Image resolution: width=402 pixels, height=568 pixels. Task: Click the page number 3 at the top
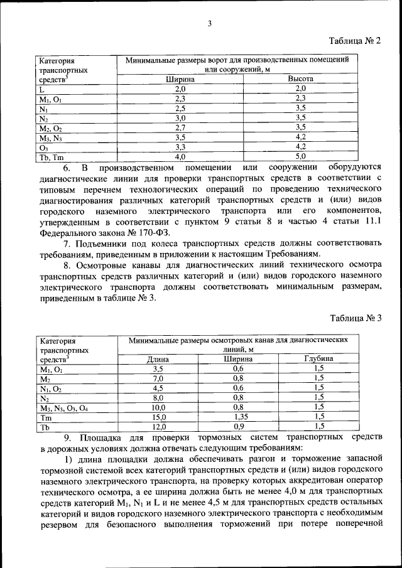pos(210,24)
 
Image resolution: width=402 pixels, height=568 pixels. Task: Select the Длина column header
pos(158,359)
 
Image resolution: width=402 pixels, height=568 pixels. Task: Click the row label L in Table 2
pos(41,89)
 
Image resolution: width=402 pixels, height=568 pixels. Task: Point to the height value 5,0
pos(300,156)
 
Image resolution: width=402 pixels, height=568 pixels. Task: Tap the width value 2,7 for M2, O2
pos(180,127)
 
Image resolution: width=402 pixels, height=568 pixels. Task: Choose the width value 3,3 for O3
pos(180,147)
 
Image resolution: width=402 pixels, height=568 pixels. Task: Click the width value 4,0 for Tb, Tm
pos(180,156)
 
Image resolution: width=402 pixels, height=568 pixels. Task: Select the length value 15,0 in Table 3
pos(158,416)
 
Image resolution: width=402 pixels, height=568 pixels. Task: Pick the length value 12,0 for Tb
pos(158,426)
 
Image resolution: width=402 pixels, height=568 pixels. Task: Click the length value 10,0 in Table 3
pos(158,407)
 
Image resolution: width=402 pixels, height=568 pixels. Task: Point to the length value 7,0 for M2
pos(158,378)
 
